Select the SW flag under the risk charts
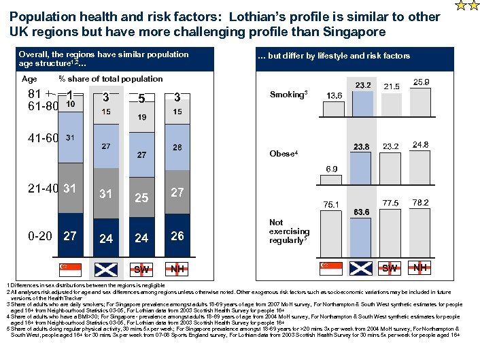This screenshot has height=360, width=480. pos(391,267)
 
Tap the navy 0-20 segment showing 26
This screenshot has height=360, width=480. pos(177,236)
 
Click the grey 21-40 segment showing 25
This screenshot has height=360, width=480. pos(141,197)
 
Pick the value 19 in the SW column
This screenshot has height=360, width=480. pos(141,117)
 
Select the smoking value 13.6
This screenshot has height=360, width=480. pos(334,96)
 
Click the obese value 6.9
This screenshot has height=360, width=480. pos(332,168)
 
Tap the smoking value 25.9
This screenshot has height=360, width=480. pos(421,82)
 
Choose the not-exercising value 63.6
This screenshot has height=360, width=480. pos(362,212)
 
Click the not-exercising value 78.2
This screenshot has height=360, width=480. pos(421,203)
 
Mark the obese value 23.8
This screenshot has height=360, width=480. pos(362,147)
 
